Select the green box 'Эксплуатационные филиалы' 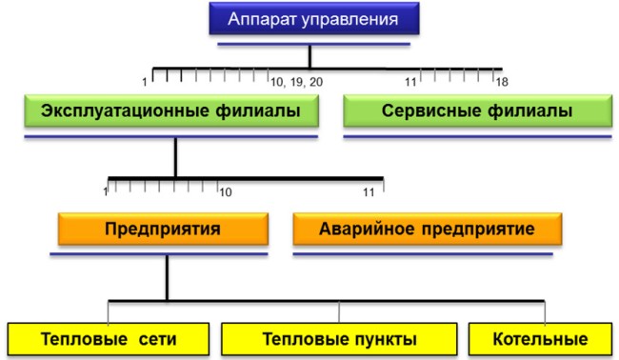coord(170,111)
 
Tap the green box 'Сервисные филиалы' coord(476,111)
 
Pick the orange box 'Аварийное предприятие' coord(427,230)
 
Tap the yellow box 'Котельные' coord(540,339)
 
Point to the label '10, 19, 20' coord(296,82)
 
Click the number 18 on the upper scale coord(502,82)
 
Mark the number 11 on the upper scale coord(413,82)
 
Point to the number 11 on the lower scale coord(369,193)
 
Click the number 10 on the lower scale coord(225,193)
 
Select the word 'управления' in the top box coord(352,18)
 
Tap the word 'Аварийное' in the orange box coord(372,230)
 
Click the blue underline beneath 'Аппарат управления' coord(312,43)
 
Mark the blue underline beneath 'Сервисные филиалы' coord(476,137)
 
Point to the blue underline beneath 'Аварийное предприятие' coord(427,255)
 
